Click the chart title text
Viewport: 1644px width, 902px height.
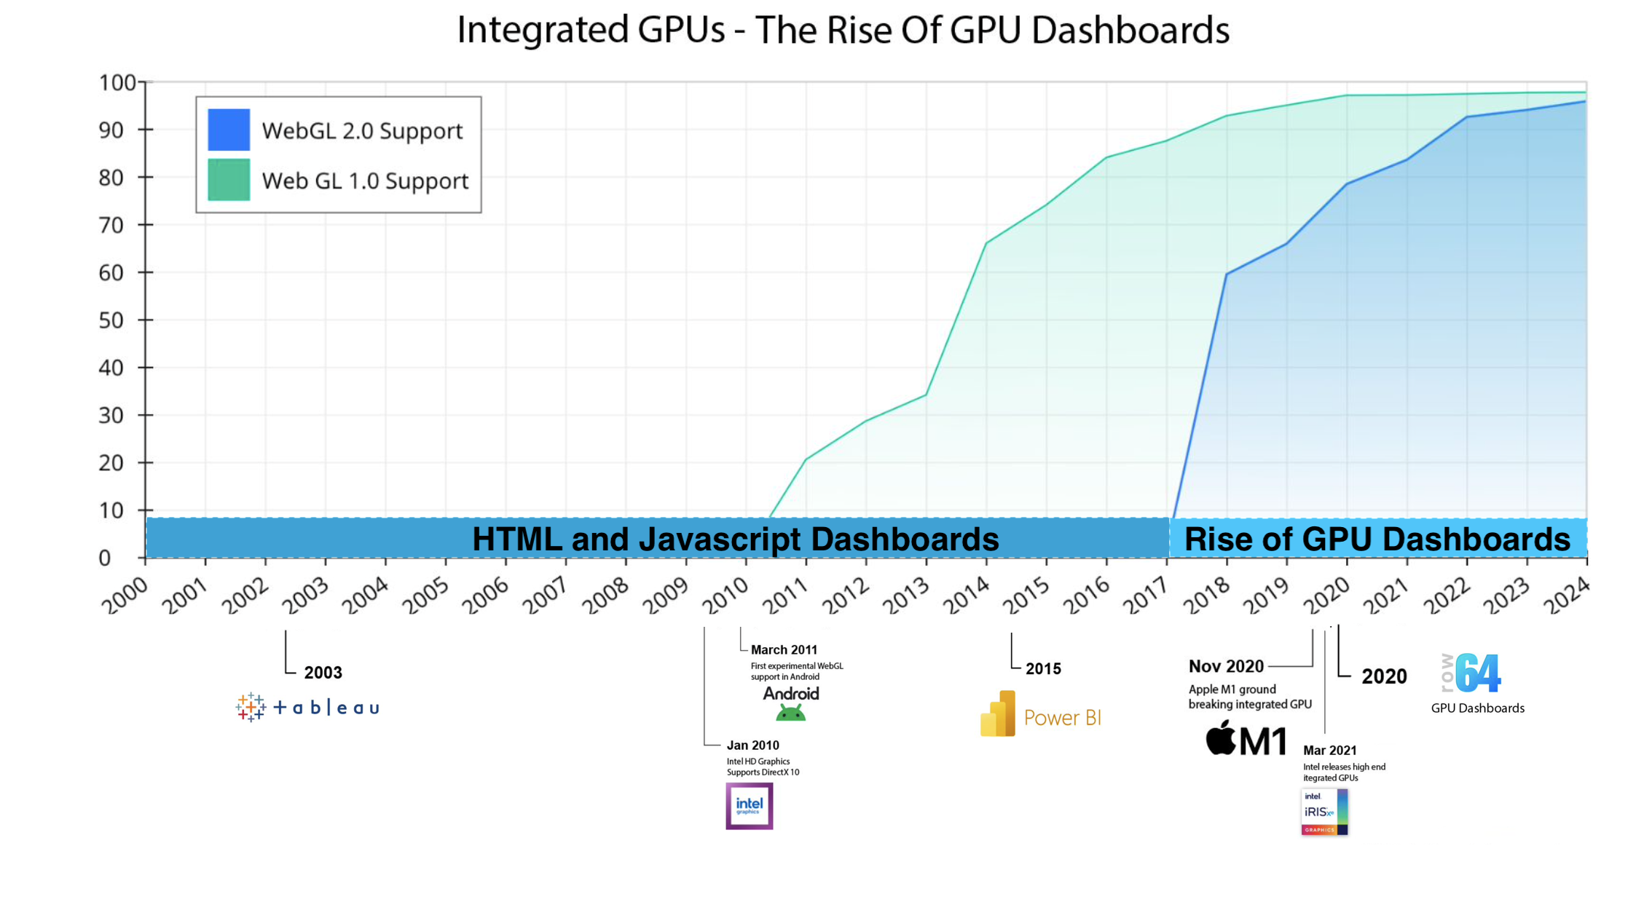(x=843, y=31)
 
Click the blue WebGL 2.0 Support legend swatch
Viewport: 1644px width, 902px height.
(x=229, y=130)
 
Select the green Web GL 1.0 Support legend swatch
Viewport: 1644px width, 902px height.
(x=229, y=179)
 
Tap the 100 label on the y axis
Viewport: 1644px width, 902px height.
(x=117, y=82)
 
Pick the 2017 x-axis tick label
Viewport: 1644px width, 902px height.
(x=1146, y=596)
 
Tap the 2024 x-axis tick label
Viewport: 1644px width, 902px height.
(x=1566, y=596)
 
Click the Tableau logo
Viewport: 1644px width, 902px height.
(x=307, y=707)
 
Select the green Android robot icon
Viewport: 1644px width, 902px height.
(x=790, y=713)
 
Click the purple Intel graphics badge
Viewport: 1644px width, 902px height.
(x=749, y=806)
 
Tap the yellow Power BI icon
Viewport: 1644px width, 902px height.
(x=998, y=714)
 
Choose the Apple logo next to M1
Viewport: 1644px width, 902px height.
(x=1221, y=738)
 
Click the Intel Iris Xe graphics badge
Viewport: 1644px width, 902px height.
(x=1324, y=812)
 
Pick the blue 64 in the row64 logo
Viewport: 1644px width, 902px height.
(x=1479, y=673)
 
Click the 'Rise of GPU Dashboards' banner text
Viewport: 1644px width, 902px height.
(x=1377, y=539)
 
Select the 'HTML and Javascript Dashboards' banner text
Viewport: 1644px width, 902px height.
(x=735, y=539)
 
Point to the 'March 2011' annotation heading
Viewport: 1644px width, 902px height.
(x=784, y=649)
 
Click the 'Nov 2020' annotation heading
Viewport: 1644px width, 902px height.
(x=1226, y=666)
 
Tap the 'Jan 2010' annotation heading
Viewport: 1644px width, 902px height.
(x=752, y=745)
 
